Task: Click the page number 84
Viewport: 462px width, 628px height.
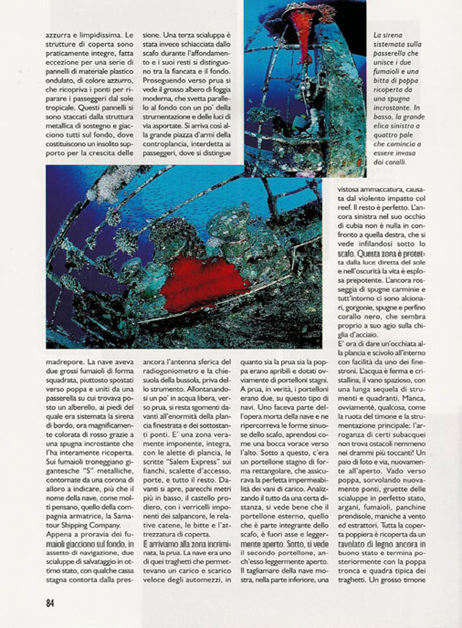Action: coord(49,603)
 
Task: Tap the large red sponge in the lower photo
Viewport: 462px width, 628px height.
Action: coord(205,282)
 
